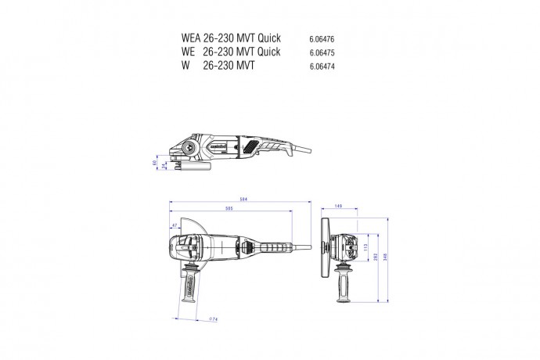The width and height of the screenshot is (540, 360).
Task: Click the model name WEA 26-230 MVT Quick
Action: [x=230, y=38]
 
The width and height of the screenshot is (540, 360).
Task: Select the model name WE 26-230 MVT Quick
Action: [x=230, y=52]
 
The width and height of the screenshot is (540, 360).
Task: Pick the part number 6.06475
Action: [x=322, y=52]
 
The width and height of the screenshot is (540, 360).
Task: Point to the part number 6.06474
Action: [x=322, y=67]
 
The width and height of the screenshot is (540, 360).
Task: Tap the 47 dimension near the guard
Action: [x=174, y=227]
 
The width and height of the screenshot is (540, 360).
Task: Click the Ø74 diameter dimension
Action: [x=213, y=319]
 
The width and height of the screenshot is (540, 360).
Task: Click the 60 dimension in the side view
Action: [x=154, y=163]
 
